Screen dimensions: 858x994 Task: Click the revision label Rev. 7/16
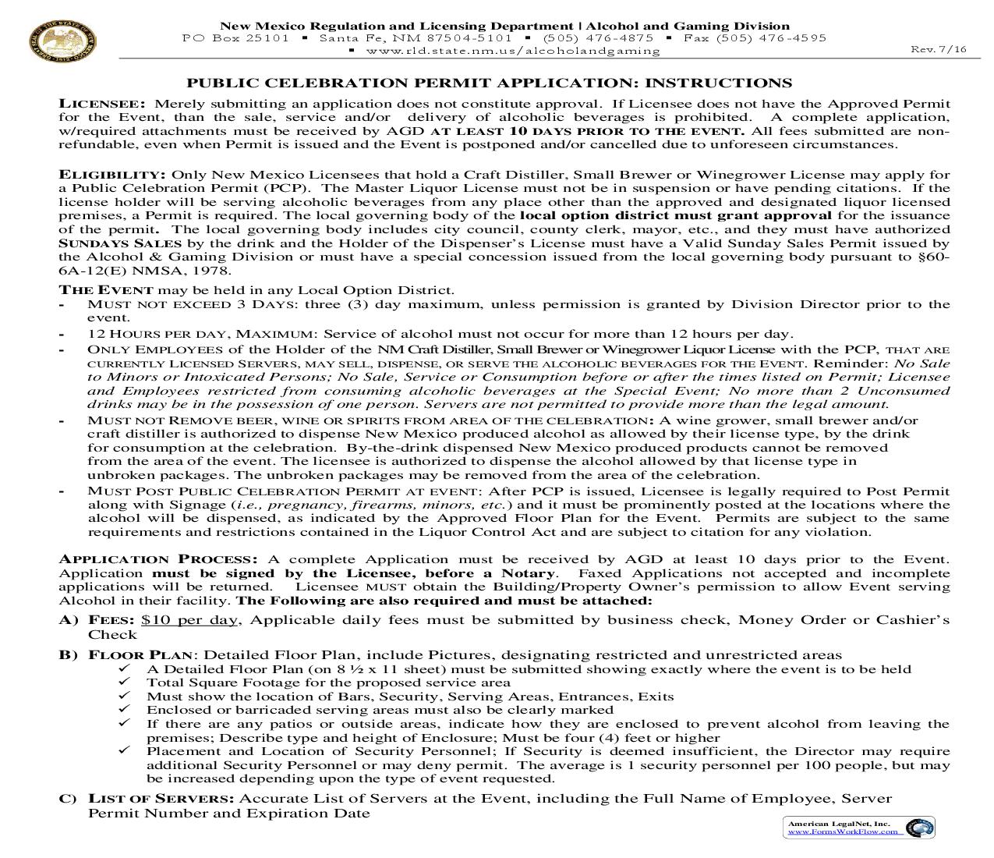coord(939,49)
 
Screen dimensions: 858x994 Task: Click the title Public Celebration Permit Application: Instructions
coord(490,83)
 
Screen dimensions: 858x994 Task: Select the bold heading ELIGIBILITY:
coord(112,175)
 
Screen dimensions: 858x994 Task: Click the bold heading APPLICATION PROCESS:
coord(158,559)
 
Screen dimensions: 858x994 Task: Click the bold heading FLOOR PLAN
coord(140,655)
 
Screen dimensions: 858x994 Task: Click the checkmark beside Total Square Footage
coord(124,682)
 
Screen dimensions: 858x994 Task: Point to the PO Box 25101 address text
coord(235,37)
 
